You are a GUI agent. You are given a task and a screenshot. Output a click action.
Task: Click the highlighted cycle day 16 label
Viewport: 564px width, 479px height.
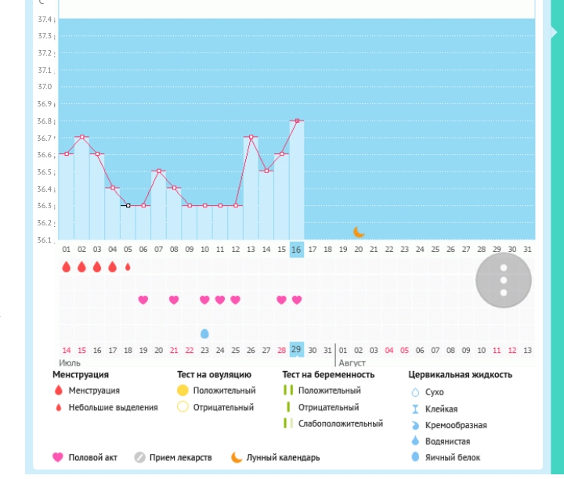click(x=296, y=250)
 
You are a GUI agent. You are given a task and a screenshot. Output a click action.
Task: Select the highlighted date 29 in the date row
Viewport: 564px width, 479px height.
click(x=296, y=349)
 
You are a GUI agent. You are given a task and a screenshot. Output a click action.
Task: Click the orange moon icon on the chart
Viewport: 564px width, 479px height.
click(x=358, y=232)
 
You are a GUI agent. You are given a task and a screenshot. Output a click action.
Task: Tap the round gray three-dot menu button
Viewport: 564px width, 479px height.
click(x=504, y=280)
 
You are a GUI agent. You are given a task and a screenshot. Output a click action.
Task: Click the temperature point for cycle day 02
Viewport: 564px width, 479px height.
click(x=81, y=137)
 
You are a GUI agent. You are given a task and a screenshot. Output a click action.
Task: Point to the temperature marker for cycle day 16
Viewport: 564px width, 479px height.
click(x=296, y=121)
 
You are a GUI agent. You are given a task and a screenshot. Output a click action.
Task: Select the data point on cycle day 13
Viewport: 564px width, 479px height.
click(x=251, y=137)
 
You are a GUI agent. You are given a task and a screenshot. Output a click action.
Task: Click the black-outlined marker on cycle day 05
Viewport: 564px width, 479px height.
click(x=128, y=205)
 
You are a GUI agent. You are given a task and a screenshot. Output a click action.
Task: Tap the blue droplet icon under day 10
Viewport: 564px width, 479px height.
click(x=204, y=333)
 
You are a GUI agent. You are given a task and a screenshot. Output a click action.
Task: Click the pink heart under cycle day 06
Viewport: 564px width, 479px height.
click(x=143, y=300)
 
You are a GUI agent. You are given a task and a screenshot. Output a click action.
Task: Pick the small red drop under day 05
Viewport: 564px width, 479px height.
click(x=128, y=267)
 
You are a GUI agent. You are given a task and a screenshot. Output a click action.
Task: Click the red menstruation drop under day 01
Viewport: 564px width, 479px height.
click(x=67, y=267)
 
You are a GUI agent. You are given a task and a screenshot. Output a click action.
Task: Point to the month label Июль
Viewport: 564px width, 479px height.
click(x=70, y=363)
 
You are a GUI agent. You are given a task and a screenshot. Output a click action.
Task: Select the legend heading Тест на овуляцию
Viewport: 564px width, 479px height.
click(x=214, y=375)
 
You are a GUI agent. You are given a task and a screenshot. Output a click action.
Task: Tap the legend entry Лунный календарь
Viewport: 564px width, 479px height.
click(x=283, y=458)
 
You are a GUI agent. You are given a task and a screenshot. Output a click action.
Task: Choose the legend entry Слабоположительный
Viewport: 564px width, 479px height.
click(x=340, y=424)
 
